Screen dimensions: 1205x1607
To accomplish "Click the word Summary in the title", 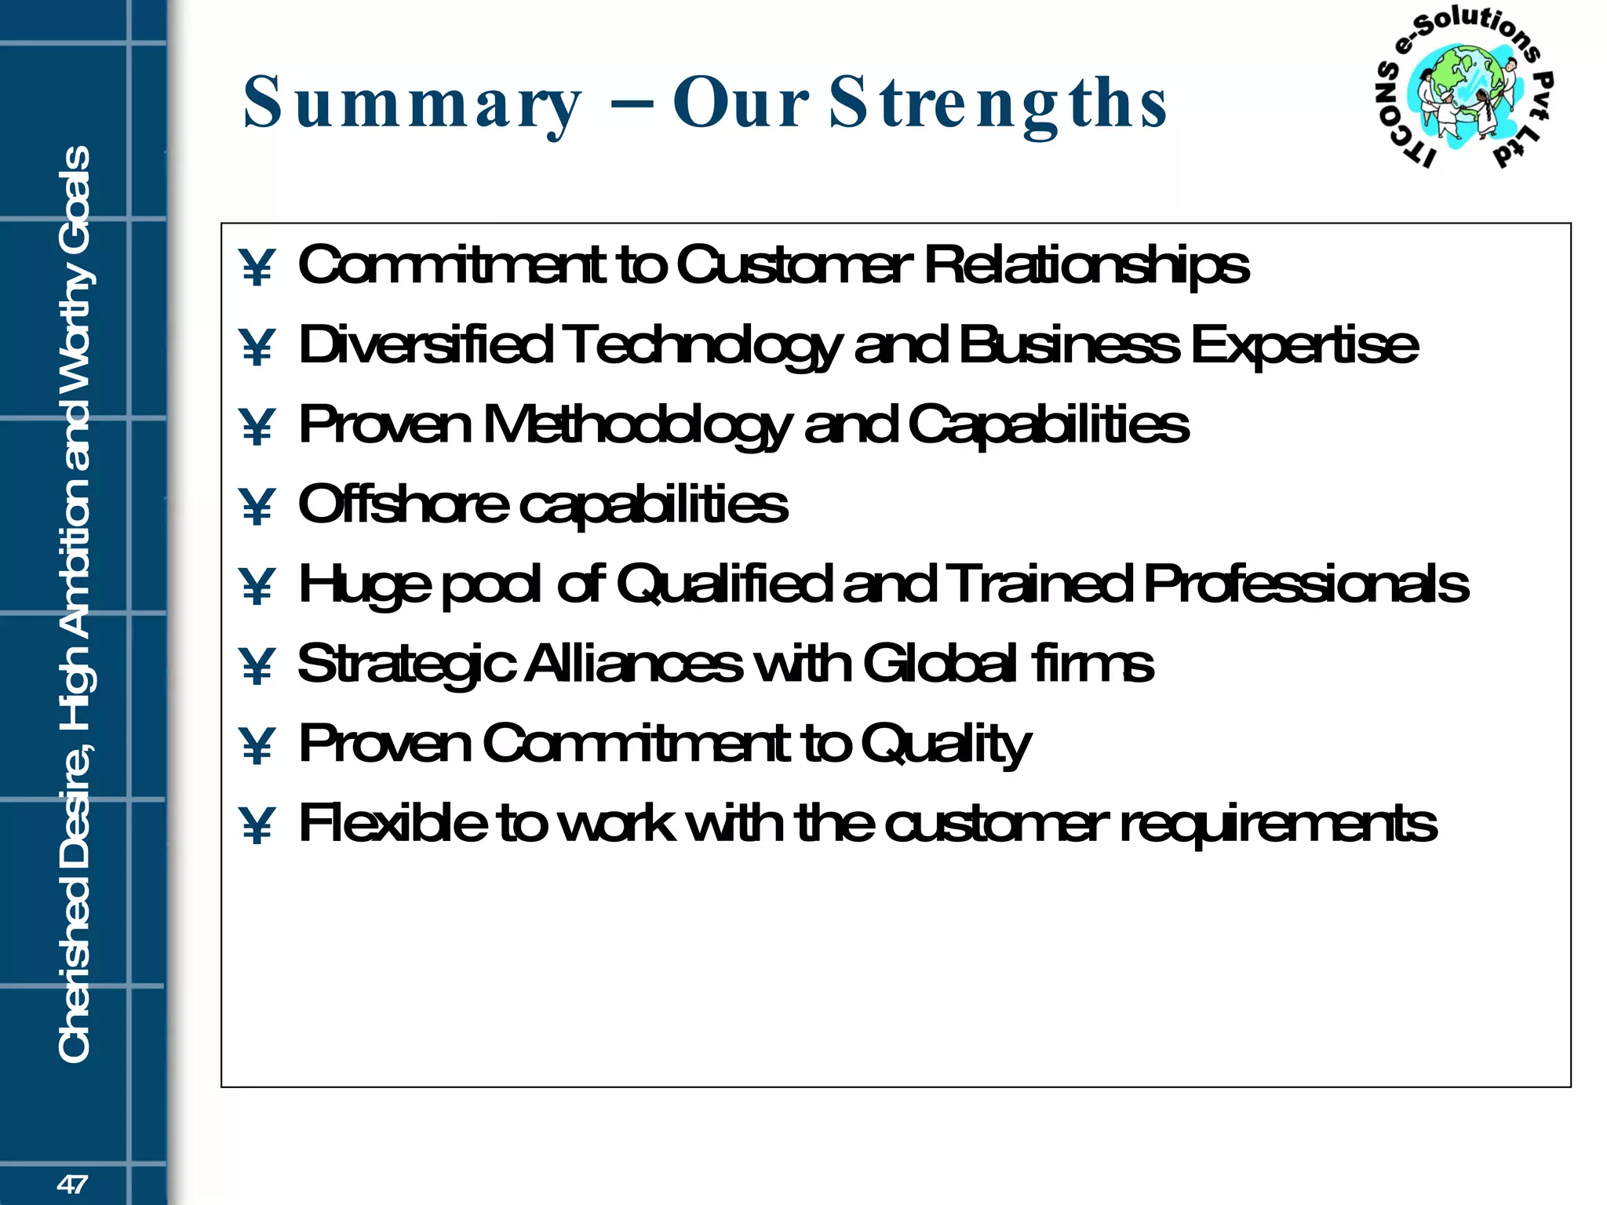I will (412, 104).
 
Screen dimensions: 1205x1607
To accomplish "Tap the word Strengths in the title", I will (998, 104).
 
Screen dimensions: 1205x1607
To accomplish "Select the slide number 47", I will (72, 1184).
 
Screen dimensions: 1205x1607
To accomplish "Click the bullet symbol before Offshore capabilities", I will (257, 506).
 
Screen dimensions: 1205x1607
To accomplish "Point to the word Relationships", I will (1087, 265).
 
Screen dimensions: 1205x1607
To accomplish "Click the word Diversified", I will (425, 345).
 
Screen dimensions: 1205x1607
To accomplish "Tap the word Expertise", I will (1304, 345).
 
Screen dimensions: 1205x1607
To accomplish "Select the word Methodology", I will (636, 425).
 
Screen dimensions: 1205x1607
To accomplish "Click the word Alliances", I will (632, 664).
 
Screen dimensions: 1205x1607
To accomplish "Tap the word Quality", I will (946, 744).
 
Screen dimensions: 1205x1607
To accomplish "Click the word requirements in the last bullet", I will (1278, 825).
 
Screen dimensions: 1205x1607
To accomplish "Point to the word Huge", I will (364, 585).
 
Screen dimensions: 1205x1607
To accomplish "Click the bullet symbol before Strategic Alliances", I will (257, 666).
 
